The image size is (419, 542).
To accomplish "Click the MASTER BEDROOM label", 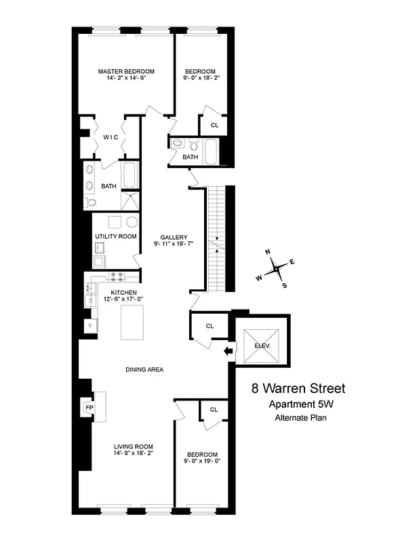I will (x=126, y=71).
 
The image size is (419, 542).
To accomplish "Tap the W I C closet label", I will (x=111, y=137).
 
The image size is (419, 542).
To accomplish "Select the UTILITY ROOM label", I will (x=116, y=236).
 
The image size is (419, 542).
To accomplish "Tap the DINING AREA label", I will (x=144, y=369).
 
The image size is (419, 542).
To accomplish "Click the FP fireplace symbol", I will (x=89, y=408).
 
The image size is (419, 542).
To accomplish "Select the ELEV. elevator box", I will (x=262, y=346).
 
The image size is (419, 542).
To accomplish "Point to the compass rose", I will (x=276, y=269).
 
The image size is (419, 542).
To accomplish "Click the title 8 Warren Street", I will (x=298, y=389).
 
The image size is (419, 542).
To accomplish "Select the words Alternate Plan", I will (x=300, y=418).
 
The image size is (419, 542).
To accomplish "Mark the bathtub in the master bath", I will (x=129, y=175).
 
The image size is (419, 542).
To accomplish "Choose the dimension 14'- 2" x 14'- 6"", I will (x=126, y=79).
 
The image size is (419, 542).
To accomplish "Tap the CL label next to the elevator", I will (x=209, y=326).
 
